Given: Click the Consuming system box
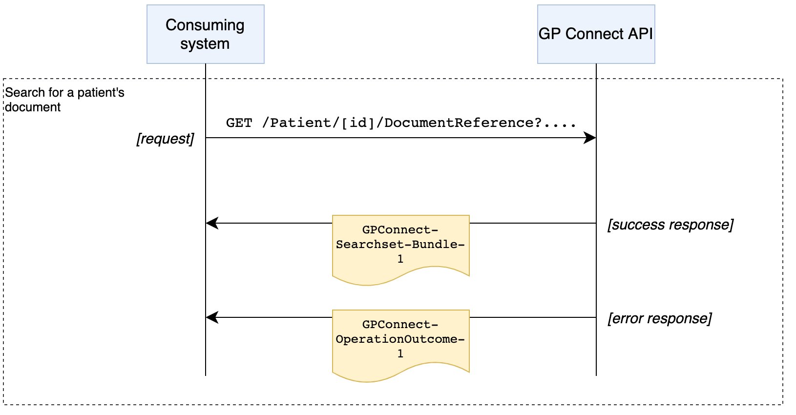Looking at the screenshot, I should click(x=205, y=34).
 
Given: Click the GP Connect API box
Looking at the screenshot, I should click(x=596, y=34).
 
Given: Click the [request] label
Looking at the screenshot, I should click(x=165, y=139).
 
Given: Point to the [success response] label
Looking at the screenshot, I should click(x=670, y=225).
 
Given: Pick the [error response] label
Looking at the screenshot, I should click(x=659, y=319).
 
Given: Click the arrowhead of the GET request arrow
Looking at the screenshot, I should click(x=590, y=138).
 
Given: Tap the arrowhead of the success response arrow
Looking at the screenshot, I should click(x=211, y=223).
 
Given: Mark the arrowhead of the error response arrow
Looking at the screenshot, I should click(x=211, y=317).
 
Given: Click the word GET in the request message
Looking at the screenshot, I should click(x=239, y=123).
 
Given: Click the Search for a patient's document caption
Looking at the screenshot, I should click(x=64, y=100).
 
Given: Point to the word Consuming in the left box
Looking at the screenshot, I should click(x=205, y=25).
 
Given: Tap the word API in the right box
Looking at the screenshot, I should click(x=640, y=34).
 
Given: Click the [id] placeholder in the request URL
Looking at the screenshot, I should click(x=358, y=123).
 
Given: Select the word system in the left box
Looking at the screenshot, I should click(x=205, y=44).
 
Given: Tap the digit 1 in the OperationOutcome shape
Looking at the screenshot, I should click(x=400, y=354).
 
